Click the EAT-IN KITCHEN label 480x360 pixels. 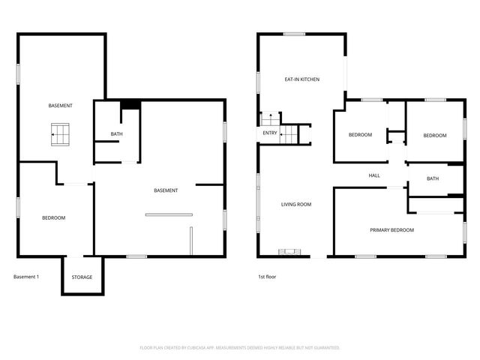(x=302, y=79)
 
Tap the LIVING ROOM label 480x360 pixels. (x=296, y=204)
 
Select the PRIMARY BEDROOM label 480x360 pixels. (x=391, y=230)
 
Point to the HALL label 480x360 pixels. (x=374, y=175)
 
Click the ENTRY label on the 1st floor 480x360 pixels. (x=270, y=133)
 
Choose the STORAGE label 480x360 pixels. (x=82, y=277)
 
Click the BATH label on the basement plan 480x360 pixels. (x=116, y=134)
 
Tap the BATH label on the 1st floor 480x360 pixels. (x=433, y=178)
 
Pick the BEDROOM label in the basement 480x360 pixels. (x=53, y=217)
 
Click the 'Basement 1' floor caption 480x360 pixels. (x=26, y=277)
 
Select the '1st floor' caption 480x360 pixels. (x=268, y=277)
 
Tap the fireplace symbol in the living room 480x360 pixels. (x=288, y=253)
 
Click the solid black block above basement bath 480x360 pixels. (x=130, y=105)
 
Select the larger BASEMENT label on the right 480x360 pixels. (x=166, y=190)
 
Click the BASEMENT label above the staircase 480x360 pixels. (x=61, y=105)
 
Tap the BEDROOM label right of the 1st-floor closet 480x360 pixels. (x=435, y=135)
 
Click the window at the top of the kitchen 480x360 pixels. (x=293, y=34)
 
